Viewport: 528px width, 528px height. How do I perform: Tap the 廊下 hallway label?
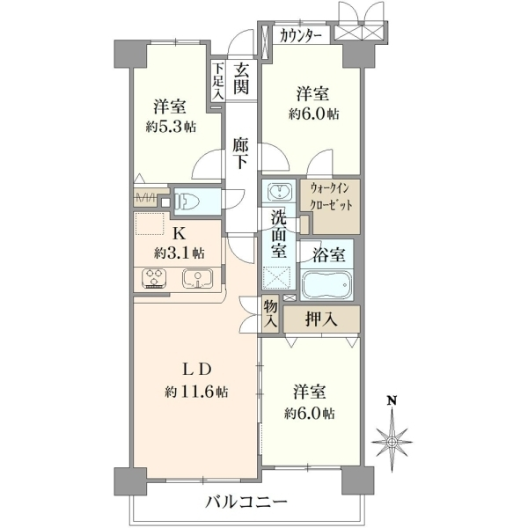click(241, 153)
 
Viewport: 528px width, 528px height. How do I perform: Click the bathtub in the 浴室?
click(326, 284)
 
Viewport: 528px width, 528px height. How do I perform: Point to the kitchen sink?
click(198, 278)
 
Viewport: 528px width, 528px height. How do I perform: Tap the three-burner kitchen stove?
click(155, 278)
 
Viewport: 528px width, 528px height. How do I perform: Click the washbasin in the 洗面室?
click(279, 191)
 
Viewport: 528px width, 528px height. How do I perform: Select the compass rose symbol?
click(392, 442)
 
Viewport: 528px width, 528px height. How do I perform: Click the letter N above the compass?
click(392, 400)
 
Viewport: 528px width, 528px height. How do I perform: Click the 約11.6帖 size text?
click(196, 392)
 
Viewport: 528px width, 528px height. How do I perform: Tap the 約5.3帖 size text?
click(171, 128)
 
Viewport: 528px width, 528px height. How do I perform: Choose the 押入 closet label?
click(321, 319)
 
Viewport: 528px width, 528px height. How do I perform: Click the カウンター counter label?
click(300, 35)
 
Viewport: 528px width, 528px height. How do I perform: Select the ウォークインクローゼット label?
click(330, 196)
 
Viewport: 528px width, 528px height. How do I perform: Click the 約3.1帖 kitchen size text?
click(180, 253)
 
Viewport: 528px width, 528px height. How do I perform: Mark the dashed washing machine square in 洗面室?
click(276, 277)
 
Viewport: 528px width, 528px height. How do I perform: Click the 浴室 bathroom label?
click(329, 255)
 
